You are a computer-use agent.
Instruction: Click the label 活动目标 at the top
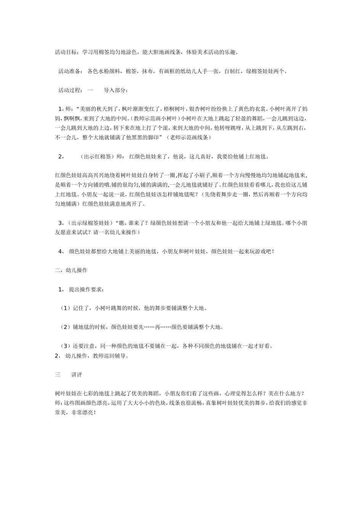(66, 52)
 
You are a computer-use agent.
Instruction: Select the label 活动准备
(69, 71)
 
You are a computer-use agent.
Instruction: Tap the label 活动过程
(69, 90)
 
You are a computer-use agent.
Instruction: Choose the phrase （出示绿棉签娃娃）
(90, 223)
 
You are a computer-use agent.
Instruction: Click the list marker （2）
(66, 327)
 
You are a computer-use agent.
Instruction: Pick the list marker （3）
(66, 346)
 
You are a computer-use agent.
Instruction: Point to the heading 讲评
(77, 375)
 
